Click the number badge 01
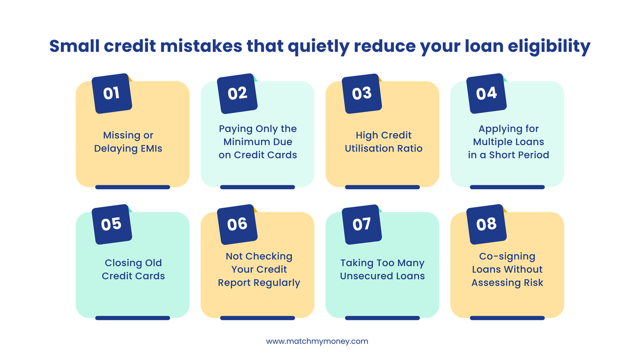pyautogui.click(x=112, y=94)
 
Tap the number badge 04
pyautogui.click(x=486, y=94)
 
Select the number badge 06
pyautogui.click(x=237, y=224)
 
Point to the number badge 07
pyautogui.click(x=362, y=224)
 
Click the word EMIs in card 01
pyautogui.click(x=151, y=148)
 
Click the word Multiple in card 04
pyautogui.click(x=492, y=142)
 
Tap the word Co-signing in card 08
pyautogui.click(x=507, y=256)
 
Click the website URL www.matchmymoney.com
pyautogui.click(x=317, y=341)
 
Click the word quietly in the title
pyautogui.click(x=318, y=46)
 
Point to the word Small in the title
pyautogui.click(x=74, y=46)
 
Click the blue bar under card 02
pyautogui.click(x=257, y=187)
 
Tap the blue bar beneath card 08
pyautogui.click(x=507, y=318)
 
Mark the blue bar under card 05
pyautogui.click(x=132, y=318)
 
